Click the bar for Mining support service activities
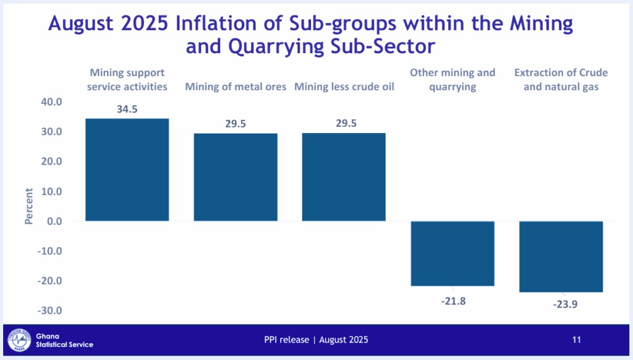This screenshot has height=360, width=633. coord(127,169)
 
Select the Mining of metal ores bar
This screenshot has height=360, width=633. coord(236,177)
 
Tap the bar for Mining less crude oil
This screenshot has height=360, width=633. coord(344,177)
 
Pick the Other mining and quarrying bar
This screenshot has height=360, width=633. coord(452,253)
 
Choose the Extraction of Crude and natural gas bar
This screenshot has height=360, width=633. coord(561,256)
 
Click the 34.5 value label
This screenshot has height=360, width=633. coord(127,109)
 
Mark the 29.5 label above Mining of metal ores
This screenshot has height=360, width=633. coord(236,124)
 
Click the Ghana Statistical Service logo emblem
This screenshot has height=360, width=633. coord(19,340)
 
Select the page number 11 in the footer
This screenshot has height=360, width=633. coord(576,340)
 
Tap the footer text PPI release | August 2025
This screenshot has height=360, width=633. coord(316,340)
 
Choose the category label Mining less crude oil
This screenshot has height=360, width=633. coord(344,87)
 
